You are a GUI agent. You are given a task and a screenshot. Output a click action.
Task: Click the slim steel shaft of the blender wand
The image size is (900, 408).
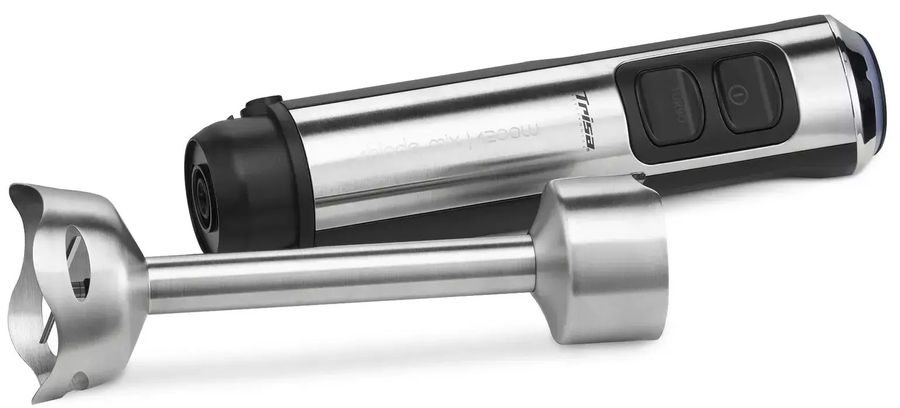(x=339, y=274)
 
